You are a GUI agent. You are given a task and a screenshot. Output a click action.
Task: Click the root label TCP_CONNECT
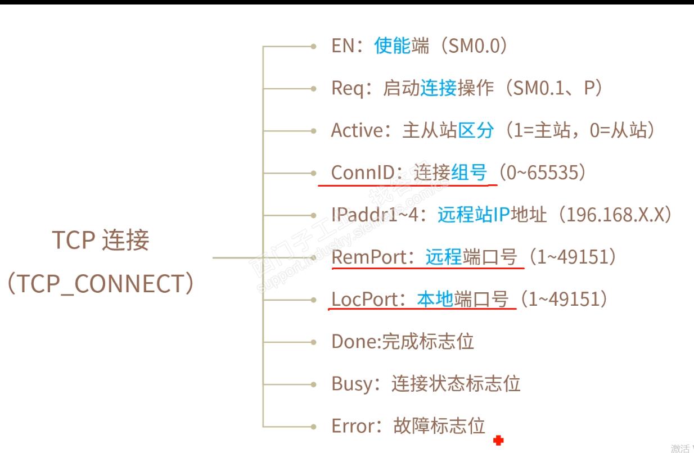click(x=101, y=284)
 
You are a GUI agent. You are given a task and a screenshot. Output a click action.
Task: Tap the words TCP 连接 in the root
click(x=101, y=241)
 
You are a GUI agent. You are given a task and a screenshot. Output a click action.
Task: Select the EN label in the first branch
click(x=343, y=46)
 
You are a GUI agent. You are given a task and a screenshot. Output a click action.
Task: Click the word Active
click(x=357, y=130)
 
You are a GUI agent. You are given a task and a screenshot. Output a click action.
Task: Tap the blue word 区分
click(x=476, y=130)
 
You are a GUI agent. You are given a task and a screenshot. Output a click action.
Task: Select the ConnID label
click(x=363, y=173)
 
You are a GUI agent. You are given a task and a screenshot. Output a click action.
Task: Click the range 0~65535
click(x=542, y=173)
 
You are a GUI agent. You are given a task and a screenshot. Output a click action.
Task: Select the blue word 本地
click(x=435, y=299)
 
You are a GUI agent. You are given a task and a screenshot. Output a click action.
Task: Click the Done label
click(x=353, y=341)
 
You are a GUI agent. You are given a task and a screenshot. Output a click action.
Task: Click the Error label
click(x=353, y=426)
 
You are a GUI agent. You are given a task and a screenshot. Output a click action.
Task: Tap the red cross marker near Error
click(x=498, y=441)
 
